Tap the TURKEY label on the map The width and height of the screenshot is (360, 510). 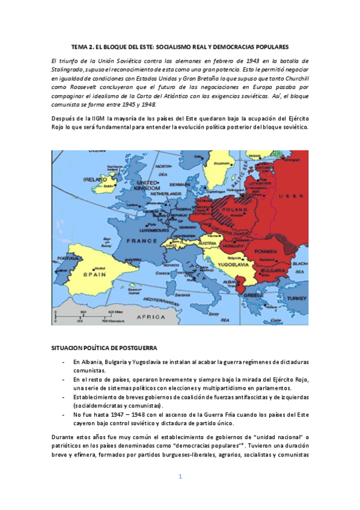(296, 298)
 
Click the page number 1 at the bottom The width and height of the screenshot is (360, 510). (180, 477)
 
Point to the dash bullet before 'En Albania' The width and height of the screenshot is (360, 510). (64, 362)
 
